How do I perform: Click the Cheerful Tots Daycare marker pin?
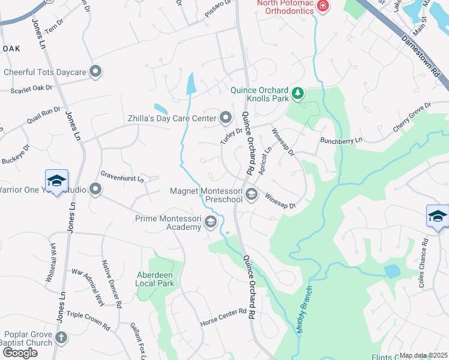(95, 72)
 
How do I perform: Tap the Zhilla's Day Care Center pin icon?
(226, 118)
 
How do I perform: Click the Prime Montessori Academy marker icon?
(210, 223)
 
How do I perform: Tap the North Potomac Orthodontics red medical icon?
(323, 7)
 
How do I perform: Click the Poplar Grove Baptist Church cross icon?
(61, 338)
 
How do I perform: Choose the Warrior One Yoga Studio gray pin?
(95, 190)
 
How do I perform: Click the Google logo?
(20, 352)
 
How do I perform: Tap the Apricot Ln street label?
(265, 160)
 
